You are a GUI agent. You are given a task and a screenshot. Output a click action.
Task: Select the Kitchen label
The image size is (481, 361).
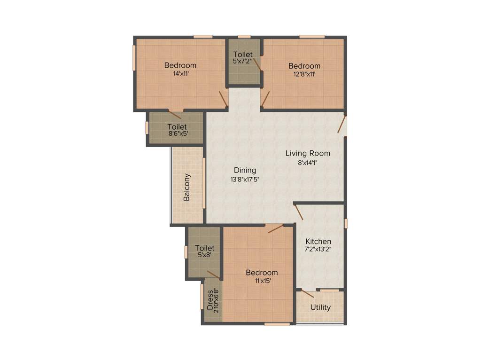click(318, 241)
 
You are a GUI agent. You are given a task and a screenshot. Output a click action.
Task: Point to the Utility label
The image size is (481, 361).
click(320, 307)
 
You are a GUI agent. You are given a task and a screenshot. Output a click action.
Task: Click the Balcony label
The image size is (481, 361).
click(187, 188)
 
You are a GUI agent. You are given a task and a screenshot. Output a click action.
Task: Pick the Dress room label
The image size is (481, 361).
click(209, 299)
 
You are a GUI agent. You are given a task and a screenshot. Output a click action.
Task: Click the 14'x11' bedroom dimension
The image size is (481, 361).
click(180, 73)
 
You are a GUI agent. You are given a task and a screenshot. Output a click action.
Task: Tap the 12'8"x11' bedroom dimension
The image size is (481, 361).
click(304, 74)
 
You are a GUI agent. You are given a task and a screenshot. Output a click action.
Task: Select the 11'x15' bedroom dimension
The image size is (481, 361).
click(262, 281)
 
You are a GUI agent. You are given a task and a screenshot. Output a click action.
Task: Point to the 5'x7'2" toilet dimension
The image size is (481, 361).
click(243, 61)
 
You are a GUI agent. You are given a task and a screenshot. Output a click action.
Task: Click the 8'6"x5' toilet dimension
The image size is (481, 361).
click(177, 133)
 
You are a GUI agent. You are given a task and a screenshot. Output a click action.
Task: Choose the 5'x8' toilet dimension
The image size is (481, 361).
click(204, 255)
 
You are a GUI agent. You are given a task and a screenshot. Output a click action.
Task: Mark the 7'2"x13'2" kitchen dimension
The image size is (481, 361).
click(318, 249)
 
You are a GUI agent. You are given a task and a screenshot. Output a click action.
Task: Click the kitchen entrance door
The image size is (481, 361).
click(299, 212)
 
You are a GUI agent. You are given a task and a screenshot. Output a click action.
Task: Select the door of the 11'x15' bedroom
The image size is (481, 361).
click(276, 228)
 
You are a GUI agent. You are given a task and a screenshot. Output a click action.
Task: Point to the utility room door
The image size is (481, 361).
click(307, 294)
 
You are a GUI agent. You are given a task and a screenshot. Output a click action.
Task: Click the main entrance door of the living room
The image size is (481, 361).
click(342, 125)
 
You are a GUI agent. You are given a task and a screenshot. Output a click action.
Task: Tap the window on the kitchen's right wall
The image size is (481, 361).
click(346, 223)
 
